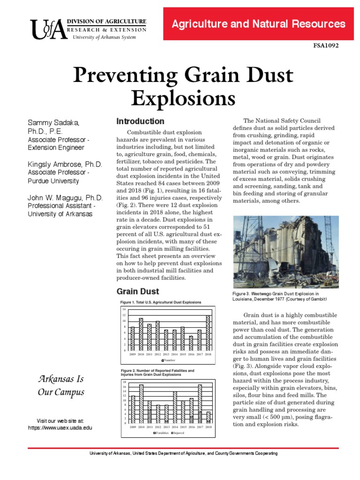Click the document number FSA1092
325,45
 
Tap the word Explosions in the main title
183,98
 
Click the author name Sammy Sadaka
53,123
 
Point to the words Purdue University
52,181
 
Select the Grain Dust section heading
131,291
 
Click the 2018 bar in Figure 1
208,333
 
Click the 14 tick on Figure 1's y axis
124,310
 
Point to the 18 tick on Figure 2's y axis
124,382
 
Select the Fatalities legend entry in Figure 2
161,433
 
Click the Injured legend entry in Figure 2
178,433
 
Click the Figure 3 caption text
279,296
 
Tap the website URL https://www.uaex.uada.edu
60,428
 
